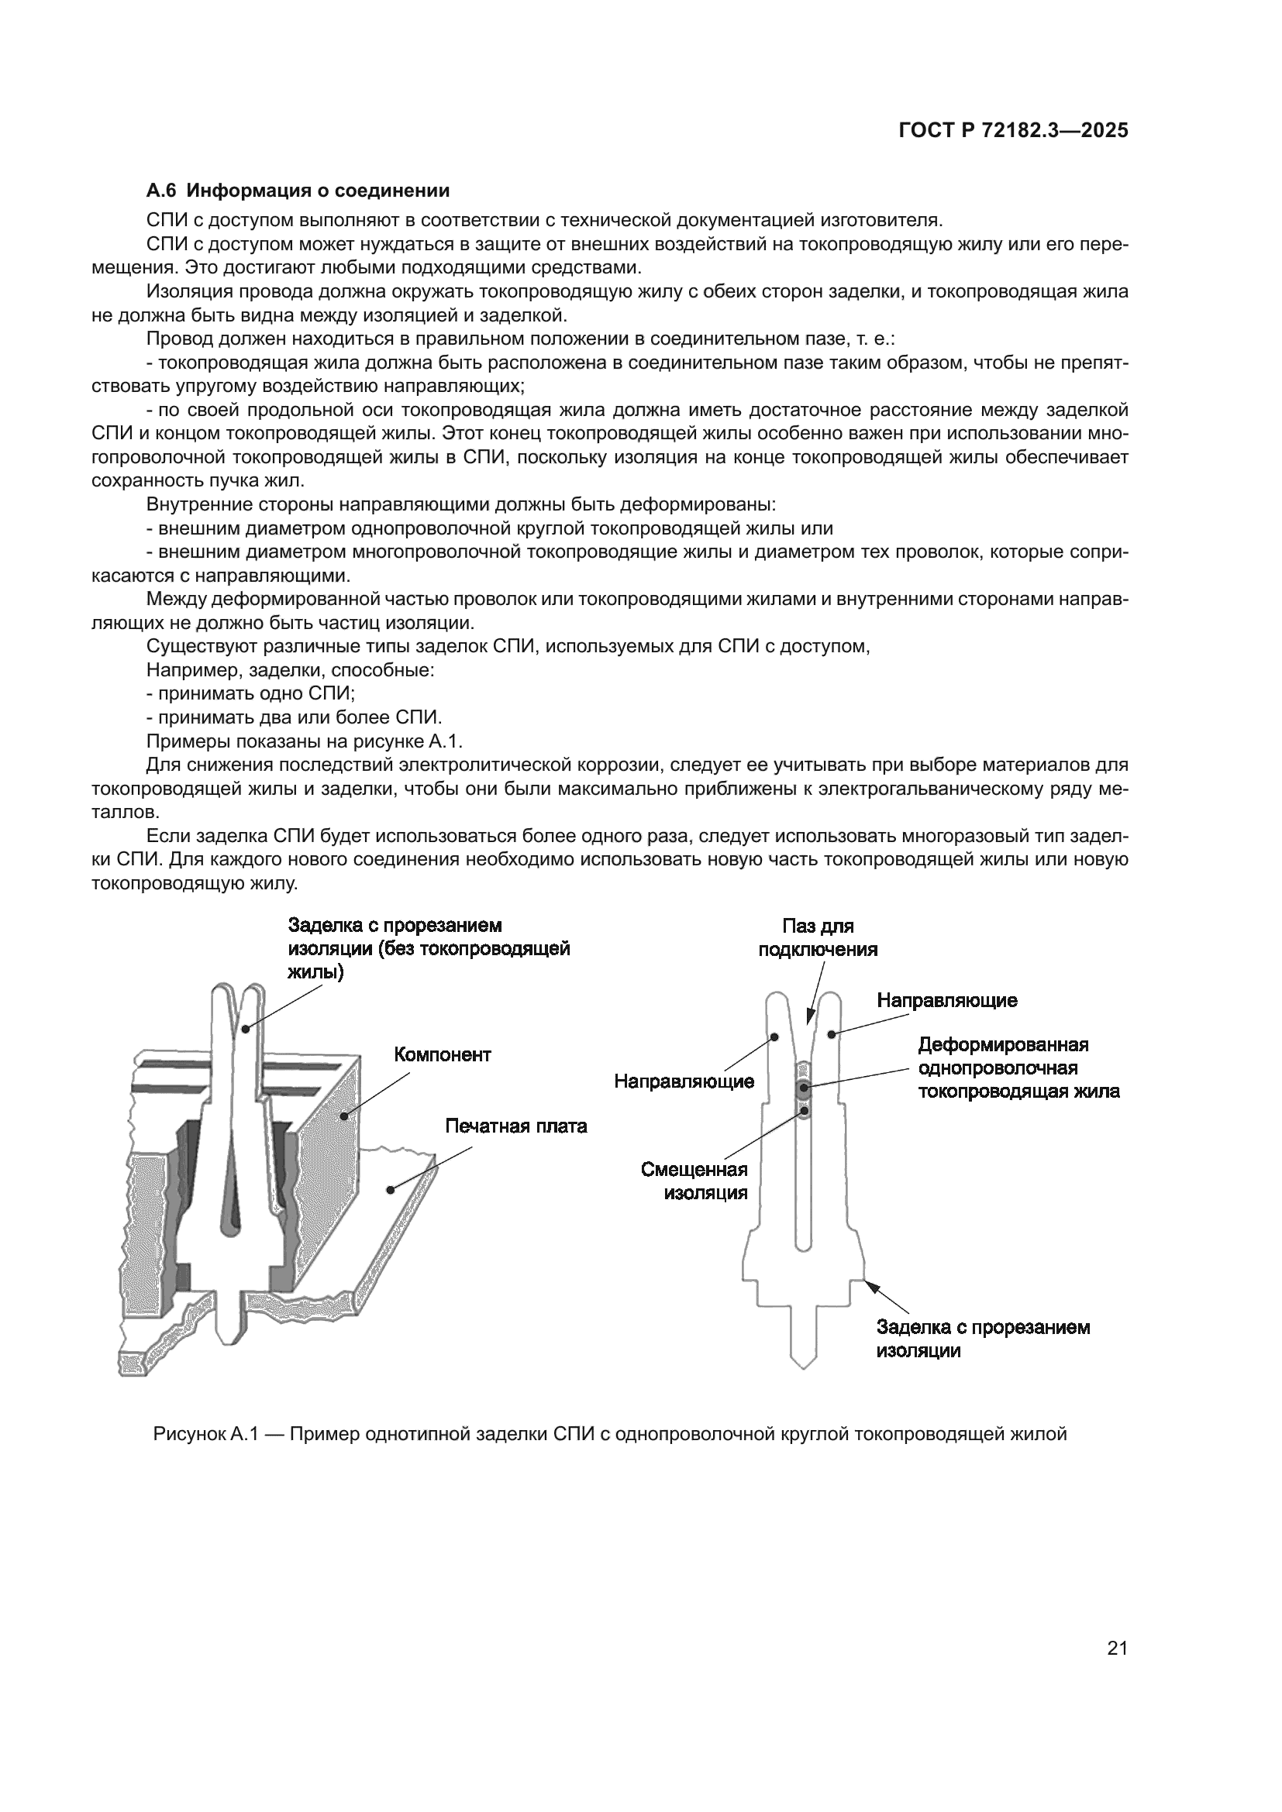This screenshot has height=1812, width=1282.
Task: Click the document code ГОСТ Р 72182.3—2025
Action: [x=1013, y=131]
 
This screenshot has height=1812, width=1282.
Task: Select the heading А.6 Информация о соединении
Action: [x=298, y=191]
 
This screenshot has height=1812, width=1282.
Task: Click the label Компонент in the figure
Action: [x=442, y=1054]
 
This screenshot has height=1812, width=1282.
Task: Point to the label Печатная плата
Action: [x=515, y=1126]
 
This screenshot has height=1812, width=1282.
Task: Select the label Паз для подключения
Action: [x=818, y=937]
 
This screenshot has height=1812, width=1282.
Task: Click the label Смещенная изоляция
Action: [x=694, y=1181]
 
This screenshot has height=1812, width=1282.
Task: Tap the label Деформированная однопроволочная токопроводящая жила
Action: [x=1018, y=1068]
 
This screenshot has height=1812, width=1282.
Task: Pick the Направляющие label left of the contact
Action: [x=684, y=1081]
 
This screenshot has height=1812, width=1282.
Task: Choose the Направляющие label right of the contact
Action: [x=946, y=1000]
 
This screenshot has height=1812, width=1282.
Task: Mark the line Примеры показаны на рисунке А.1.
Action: [x=304, y=741]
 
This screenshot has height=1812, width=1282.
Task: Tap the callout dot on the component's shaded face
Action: [x=344, y=1115]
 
